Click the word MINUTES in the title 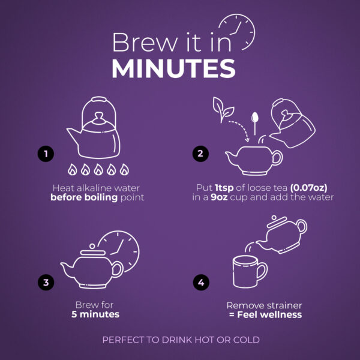tap(173, 68)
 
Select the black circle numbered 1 tap(46, 154)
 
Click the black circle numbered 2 tap(200, 154)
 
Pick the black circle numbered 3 tap(46, 282)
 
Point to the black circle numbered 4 tap(201, 282)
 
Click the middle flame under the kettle tap(98, 169)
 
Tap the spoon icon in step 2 tap(254, 123)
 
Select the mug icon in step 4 tap(250, 272)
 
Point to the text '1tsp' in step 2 tap(224, 188)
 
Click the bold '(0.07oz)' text tap(308, 188)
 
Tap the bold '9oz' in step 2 tap(219, 197)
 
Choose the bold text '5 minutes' tap(95, 314)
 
